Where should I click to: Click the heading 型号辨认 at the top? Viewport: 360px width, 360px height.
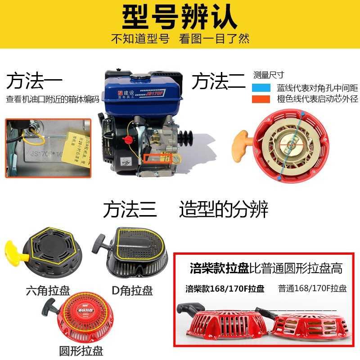coord(180,17)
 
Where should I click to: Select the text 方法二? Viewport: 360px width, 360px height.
coord(219,82)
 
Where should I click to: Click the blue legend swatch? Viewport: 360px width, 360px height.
coord(262,88)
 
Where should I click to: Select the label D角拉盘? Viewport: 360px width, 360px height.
coord(132,290)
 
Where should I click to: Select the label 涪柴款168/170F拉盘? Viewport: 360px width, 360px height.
coord(225,288)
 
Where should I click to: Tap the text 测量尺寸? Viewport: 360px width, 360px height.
coord(269,75)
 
